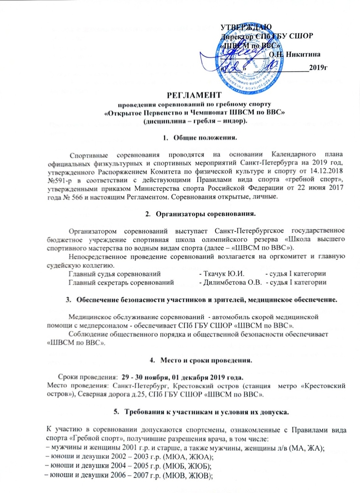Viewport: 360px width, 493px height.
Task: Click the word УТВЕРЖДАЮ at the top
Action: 246,26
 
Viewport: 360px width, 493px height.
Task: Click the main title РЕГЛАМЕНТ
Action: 193,95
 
